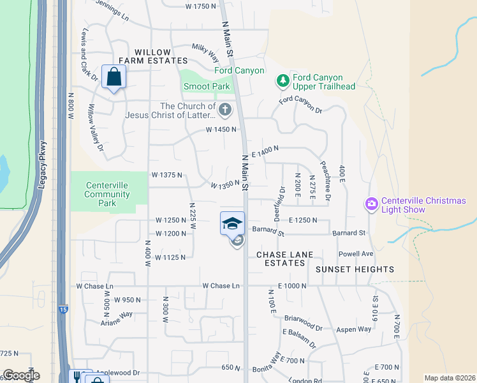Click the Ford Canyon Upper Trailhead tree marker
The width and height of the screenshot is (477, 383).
[283, 81]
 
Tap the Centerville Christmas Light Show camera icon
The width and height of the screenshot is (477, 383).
[371, 204]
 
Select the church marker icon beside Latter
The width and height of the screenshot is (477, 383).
[224, 111]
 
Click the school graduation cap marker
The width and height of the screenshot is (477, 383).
[233, 223]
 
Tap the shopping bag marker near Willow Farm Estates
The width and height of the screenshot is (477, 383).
[114, 77]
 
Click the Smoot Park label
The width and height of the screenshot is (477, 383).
[206, 86]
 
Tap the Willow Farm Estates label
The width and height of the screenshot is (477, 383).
[153, 57]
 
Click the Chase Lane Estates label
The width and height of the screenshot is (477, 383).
[285, 259]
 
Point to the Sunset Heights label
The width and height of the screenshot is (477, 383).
[355, 269]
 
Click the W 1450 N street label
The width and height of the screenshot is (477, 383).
[221, 130]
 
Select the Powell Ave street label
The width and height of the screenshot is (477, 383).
[356, 254]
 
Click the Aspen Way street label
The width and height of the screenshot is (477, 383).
[355, 329]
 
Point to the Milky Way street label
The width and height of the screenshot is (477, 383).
[205, 52]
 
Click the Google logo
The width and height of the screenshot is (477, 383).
[20, 375]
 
